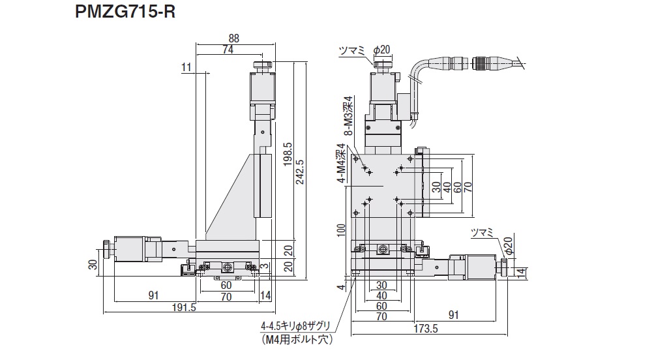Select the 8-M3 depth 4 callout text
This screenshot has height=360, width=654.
(x=348, y=115)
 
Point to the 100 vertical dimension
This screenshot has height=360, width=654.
(x=340, y=232)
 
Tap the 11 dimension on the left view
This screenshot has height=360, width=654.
(x=186, y=67)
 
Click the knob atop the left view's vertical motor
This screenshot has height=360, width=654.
(x=261, y=66)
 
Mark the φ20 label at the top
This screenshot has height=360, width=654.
(x=381, y=50)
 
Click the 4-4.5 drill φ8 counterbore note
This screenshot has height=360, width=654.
(x=297, y=327)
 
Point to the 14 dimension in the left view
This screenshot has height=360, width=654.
(x=265, y=295)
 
